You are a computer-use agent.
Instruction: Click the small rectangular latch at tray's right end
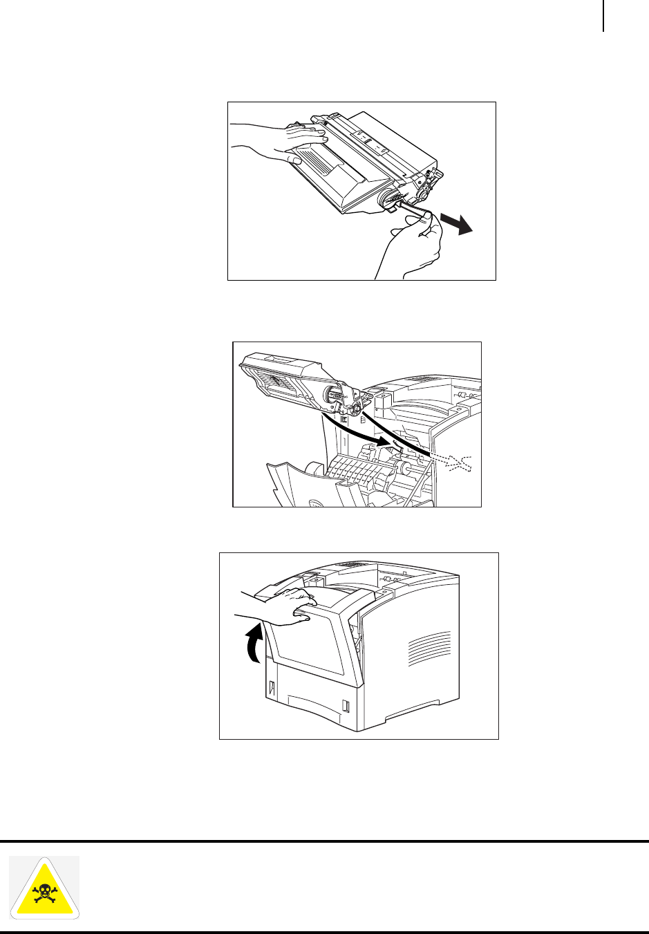click(346, 707)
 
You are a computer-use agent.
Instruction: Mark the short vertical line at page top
click(603, 15)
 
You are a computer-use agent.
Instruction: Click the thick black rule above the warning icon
click(325, 841)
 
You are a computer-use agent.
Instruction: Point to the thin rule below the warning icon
click(325, 932)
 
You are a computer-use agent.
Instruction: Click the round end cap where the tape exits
click(387, 200)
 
